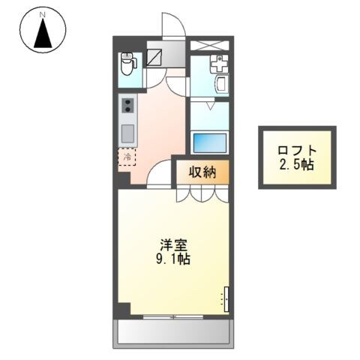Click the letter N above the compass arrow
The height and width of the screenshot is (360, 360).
click(x=43, y=14)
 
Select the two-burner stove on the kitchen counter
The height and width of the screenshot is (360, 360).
click(x=127, y=106)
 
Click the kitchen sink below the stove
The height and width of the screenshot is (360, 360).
click(x=127, y=134)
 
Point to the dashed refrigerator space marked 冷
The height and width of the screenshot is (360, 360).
click(x=127, y=157)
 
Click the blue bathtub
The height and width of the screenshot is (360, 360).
click(x=209, y=142)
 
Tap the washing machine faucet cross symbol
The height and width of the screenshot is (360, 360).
click(x=219, y=64)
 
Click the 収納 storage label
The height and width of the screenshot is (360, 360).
click(x=202, y=172)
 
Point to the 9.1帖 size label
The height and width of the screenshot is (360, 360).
click(x=173, y=260)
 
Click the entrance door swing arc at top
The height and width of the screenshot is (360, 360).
click(x=172, y=25)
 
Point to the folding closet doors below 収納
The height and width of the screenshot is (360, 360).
click(x=202, y=194)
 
